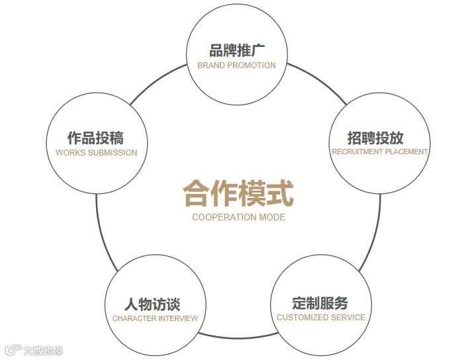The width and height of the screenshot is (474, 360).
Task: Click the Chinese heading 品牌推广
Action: (236, 51)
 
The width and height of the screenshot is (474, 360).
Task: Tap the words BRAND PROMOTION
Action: (236, 66)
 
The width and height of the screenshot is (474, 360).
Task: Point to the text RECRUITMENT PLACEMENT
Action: (379, 152)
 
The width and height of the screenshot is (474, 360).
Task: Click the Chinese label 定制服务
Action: (320, 303)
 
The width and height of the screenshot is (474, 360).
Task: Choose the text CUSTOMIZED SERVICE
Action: (321, 317)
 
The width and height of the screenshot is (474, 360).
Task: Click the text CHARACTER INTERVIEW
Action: (155, 318)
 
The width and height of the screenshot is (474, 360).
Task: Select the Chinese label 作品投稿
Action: (96, 138)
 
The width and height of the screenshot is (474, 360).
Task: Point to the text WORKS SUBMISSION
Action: (97, 152)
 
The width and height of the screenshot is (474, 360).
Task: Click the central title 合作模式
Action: (238, 193)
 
